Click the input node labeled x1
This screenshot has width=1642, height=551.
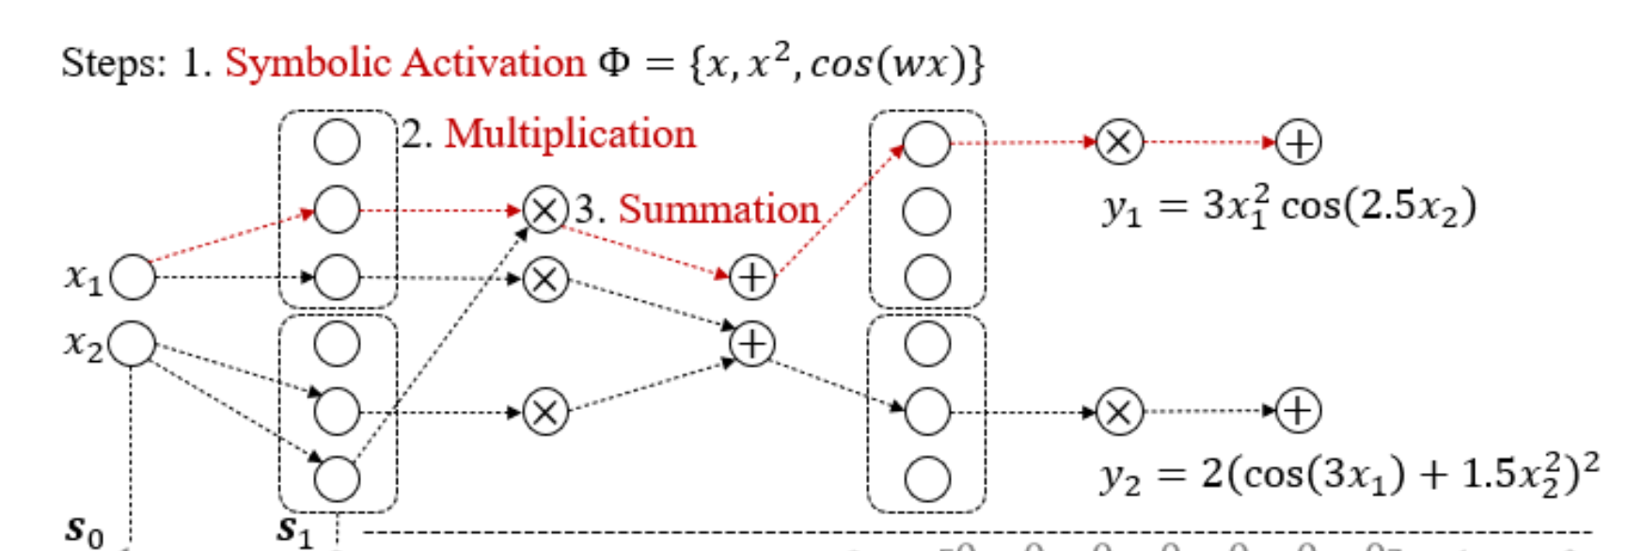tap(133, 277)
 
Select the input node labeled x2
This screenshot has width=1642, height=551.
tap(133, 344)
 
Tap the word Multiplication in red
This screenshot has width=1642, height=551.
tap(570, 134)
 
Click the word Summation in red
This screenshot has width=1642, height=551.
tap(718, 209)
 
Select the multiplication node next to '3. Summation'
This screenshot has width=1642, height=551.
tap(545, 210)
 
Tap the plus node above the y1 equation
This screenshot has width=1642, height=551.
tap(1298, 143)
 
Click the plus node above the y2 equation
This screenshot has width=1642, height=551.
tap(1298, 411)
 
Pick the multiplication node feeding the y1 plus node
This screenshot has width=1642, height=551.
tap(1119, 143)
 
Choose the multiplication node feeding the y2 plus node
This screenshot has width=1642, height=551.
tap(1119, 412)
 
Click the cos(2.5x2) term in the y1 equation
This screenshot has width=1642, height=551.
tap(1379, 206)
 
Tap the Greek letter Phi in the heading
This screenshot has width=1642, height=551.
tap(614, 64)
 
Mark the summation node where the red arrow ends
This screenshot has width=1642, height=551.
tap(751, 277)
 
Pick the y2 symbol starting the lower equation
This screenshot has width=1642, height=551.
tap(1120, 477)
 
